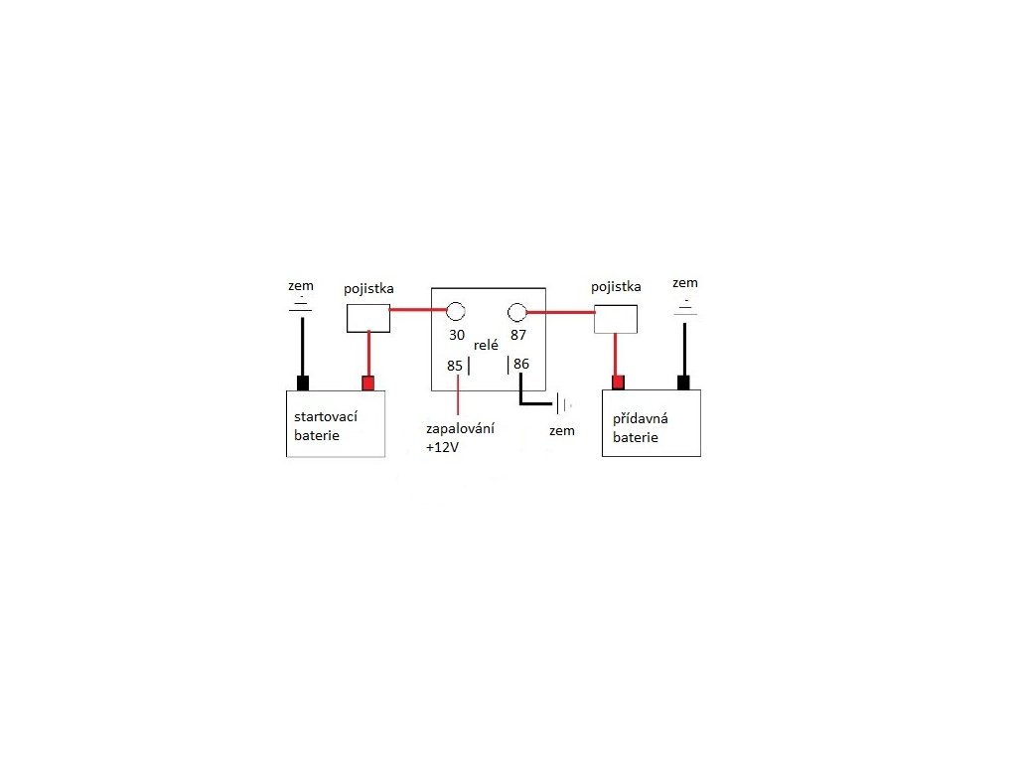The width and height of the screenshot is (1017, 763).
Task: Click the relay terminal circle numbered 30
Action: (x=456, y=310)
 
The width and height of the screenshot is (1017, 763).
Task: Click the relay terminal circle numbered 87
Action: (x=517, y=311)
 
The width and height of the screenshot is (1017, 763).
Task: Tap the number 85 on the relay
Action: (x=455, y=366)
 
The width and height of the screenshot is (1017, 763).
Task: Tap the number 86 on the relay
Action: (x=522, y=365)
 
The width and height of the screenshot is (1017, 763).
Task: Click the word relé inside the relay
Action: (x=487, y=345)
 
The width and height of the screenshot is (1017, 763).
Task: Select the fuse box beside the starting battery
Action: (x=367, y=317)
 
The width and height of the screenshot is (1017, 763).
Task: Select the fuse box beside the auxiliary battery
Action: (x=615, y=319)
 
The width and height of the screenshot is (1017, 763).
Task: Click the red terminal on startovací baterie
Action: (x=368, y=383)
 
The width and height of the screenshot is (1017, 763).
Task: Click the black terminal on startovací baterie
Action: (x=304, y=383)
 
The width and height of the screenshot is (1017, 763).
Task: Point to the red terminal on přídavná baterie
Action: (x=618, y=382)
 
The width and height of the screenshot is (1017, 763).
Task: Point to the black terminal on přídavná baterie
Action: (x=683, y=382)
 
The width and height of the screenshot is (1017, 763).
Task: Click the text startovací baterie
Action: (x=325, y=426)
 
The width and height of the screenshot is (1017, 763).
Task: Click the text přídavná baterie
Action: (x=641, y=427)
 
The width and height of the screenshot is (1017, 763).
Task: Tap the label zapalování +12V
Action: (x=460, y=438)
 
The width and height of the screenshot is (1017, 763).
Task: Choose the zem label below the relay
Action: (x=561, y=432)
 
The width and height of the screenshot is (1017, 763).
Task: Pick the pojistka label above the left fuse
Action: (x=368, y=289)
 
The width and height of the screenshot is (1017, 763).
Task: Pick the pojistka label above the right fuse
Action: (x=616, y=287)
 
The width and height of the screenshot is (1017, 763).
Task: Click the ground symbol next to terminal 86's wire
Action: (x=562, y=404)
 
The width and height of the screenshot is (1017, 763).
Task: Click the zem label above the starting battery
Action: (x=299, y=286)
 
